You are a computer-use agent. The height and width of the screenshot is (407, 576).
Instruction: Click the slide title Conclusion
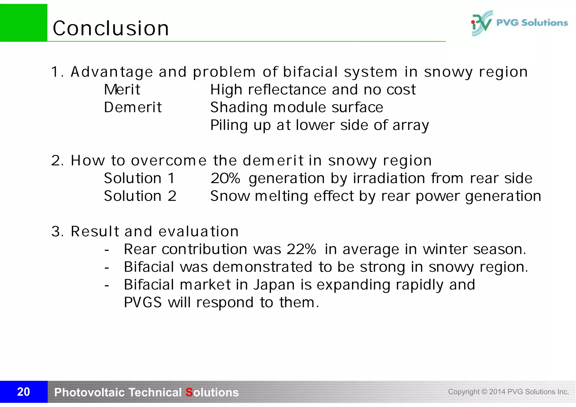[x=111, y=28]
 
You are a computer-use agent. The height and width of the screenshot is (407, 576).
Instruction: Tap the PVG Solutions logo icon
[x=481, y=23]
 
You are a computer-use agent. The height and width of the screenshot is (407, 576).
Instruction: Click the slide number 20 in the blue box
[x=24, y=392]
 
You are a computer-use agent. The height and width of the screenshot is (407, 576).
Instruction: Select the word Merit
[x=122, y=90]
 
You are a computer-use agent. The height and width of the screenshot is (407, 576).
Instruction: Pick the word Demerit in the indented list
[x=133, y=107]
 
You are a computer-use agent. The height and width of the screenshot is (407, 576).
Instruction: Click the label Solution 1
[x=139, y=178]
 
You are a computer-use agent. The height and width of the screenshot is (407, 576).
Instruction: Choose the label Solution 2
[x=140, y=196]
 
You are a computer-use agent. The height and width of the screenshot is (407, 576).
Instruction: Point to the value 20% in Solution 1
[x=225, y=178]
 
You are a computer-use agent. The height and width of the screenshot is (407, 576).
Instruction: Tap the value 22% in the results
[x=301, y=249]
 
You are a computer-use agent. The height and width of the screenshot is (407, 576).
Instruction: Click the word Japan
[x=274, y=285]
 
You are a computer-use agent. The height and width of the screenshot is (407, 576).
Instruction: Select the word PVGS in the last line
[x=143, y=302]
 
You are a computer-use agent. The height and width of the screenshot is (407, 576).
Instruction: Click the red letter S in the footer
[x=189, y=392]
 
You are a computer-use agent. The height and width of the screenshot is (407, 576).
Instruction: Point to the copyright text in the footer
[x=508, y=392]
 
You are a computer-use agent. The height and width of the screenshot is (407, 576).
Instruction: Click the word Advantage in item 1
[x=112, y=72]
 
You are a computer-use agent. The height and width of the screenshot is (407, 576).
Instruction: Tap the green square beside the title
[x=24, y=23]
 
